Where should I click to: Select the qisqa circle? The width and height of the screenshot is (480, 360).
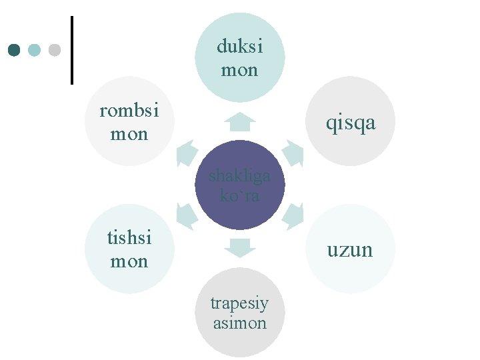[351, 121]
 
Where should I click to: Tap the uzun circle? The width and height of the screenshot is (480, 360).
[351, 249]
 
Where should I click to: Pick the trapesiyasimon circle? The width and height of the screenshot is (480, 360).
[240, 312]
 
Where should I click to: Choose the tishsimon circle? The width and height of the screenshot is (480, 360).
[129, 249]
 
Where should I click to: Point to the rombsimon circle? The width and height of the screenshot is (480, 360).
[129, 121]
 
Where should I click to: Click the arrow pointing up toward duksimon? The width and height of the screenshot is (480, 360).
[240, 122]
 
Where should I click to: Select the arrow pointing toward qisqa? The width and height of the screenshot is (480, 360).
[293, 153]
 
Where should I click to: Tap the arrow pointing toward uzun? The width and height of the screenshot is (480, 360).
[293, 216]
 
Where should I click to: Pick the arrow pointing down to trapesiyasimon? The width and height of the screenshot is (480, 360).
[240, 247]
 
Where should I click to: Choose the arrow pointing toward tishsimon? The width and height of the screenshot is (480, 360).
[187, 216]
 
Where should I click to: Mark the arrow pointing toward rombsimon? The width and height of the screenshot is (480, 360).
[187, 153]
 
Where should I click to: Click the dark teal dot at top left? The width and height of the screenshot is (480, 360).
[15, 50]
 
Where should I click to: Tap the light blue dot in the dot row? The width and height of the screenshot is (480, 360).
[35, 50]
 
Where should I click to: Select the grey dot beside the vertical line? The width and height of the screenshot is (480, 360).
[55, 50]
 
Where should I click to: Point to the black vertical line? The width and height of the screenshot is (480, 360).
[71, 50]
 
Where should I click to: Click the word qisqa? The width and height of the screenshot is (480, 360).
[351, 123]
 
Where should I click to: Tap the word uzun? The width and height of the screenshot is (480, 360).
[349, 250]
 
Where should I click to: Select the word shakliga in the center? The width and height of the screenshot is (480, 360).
[239, 176]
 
